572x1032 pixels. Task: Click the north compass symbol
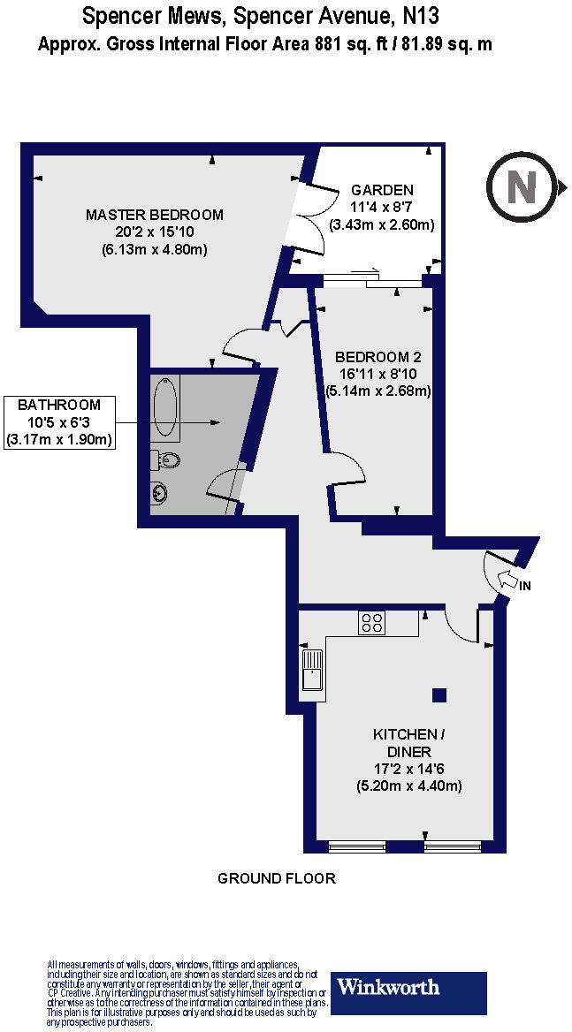click(522, 186)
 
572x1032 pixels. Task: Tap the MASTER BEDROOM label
click(155, 215)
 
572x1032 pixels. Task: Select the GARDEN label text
click(382, 190)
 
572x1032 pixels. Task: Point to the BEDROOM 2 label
click(378, 357)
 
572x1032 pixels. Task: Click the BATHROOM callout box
click(60, 422)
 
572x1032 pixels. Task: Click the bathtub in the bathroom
click(166, 406)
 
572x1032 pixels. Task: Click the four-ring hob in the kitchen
click(370, 623)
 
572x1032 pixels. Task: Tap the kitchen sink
click(312, 669)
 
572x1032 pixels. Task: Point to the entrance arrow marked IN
click(511, 580)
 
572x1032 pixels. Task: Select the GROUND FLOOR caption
click(277, 878)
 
